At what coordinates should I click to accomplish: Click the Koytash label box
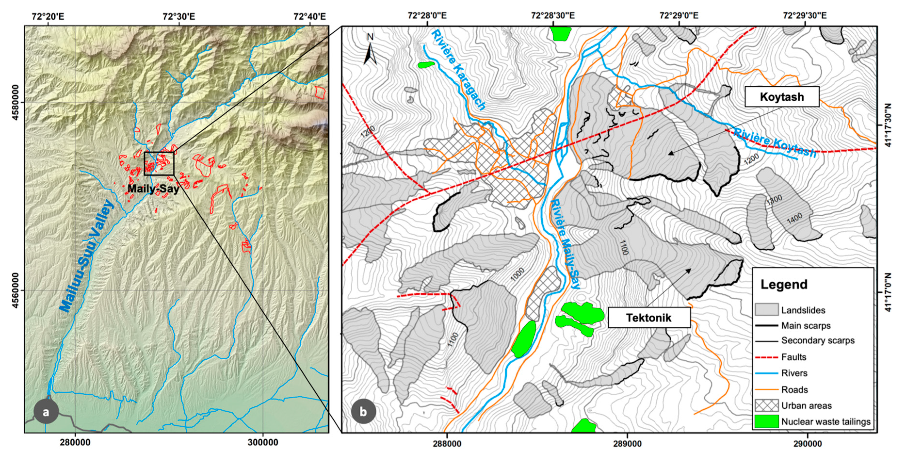(782, 97)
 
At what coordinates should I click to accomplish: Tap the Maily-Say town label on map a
(153, 189)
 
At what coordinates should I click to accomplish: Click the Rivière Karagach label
(458, 70)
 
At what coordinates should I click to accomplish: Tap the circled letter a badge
(46, 412)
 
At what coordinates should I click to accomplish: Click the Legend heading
(784, 284)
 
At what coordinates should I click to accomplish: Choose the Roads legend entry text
(794, 390)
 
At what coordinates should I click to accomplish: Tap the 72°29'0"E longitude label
(679, 16)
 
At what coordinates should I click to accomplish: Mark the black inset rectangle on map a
(159, 163)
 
